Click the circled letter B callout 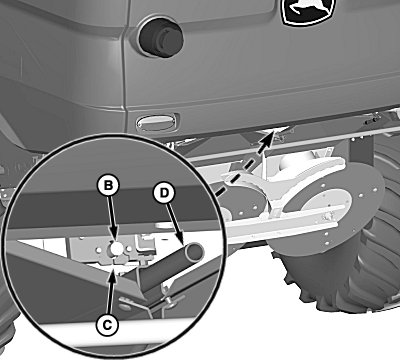[108, 185]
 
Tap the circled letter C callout [107, 324]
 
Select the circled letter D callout [164, 193]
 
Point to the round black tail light [161, 38]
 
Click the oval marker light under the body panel [156, 122]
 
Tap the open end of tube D [195, 252]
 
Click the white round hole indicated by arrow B [116, 248]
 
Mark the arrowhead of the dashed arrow [269, 137]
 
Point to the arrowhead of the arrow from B [114, 237]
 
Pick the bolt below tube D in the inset [170, 300]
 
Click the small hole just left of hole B [99, 250]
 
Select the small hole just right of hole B [129, 248]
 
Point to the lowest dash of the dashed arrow [219, 192]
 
